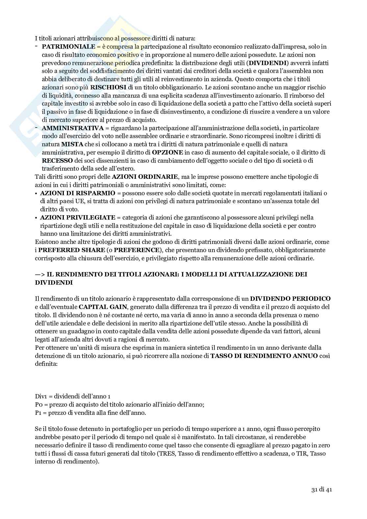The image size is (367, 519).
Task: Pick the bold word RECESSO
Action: (x=57, y=161)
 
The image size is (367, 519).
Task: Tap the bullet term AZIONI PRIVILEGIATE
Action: (x=78, y=218)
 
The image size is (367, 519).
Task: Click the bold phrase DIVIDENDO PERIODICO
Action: (x=290, y=299)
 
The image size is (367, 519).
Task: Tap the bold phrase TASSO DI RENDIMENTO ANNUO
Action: (x=264, y=356)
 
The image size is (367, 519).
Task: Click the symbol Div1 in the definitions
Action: (x=40, y=396)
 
